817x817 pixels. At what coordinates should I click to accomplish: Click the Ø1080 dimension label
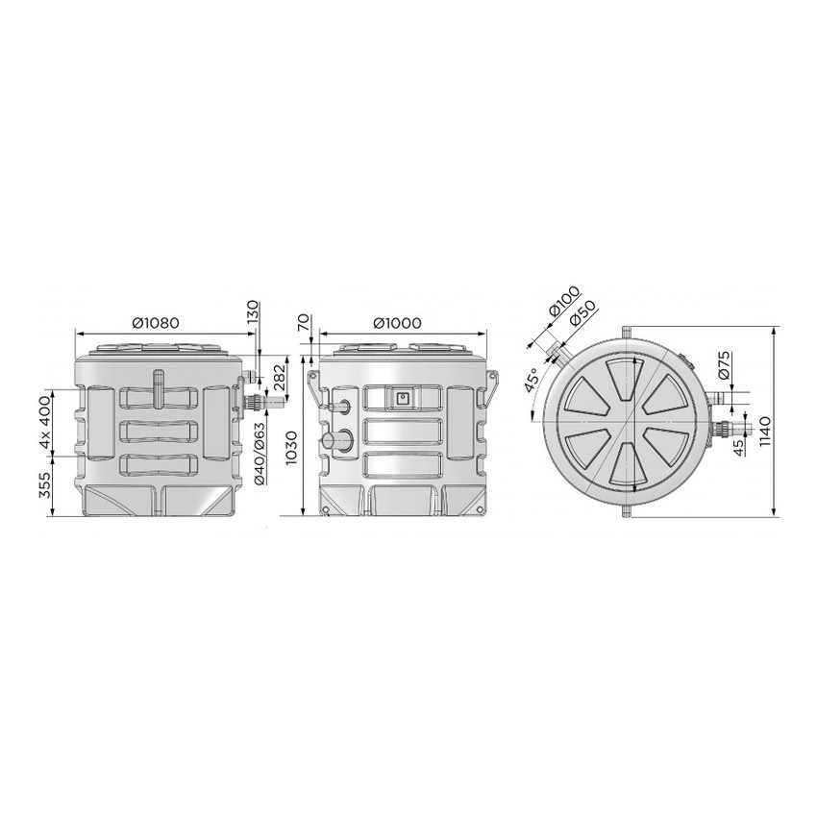click(x=156, y=323)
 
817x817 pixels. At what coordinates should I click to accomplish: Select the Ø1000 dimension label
click(x=398, y=323)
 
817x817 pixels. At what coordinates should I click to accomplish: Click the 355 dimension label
click(x=46, y=484)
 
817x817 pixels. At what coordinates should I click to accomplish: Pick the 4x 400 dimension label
click(x=46, y=423)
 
